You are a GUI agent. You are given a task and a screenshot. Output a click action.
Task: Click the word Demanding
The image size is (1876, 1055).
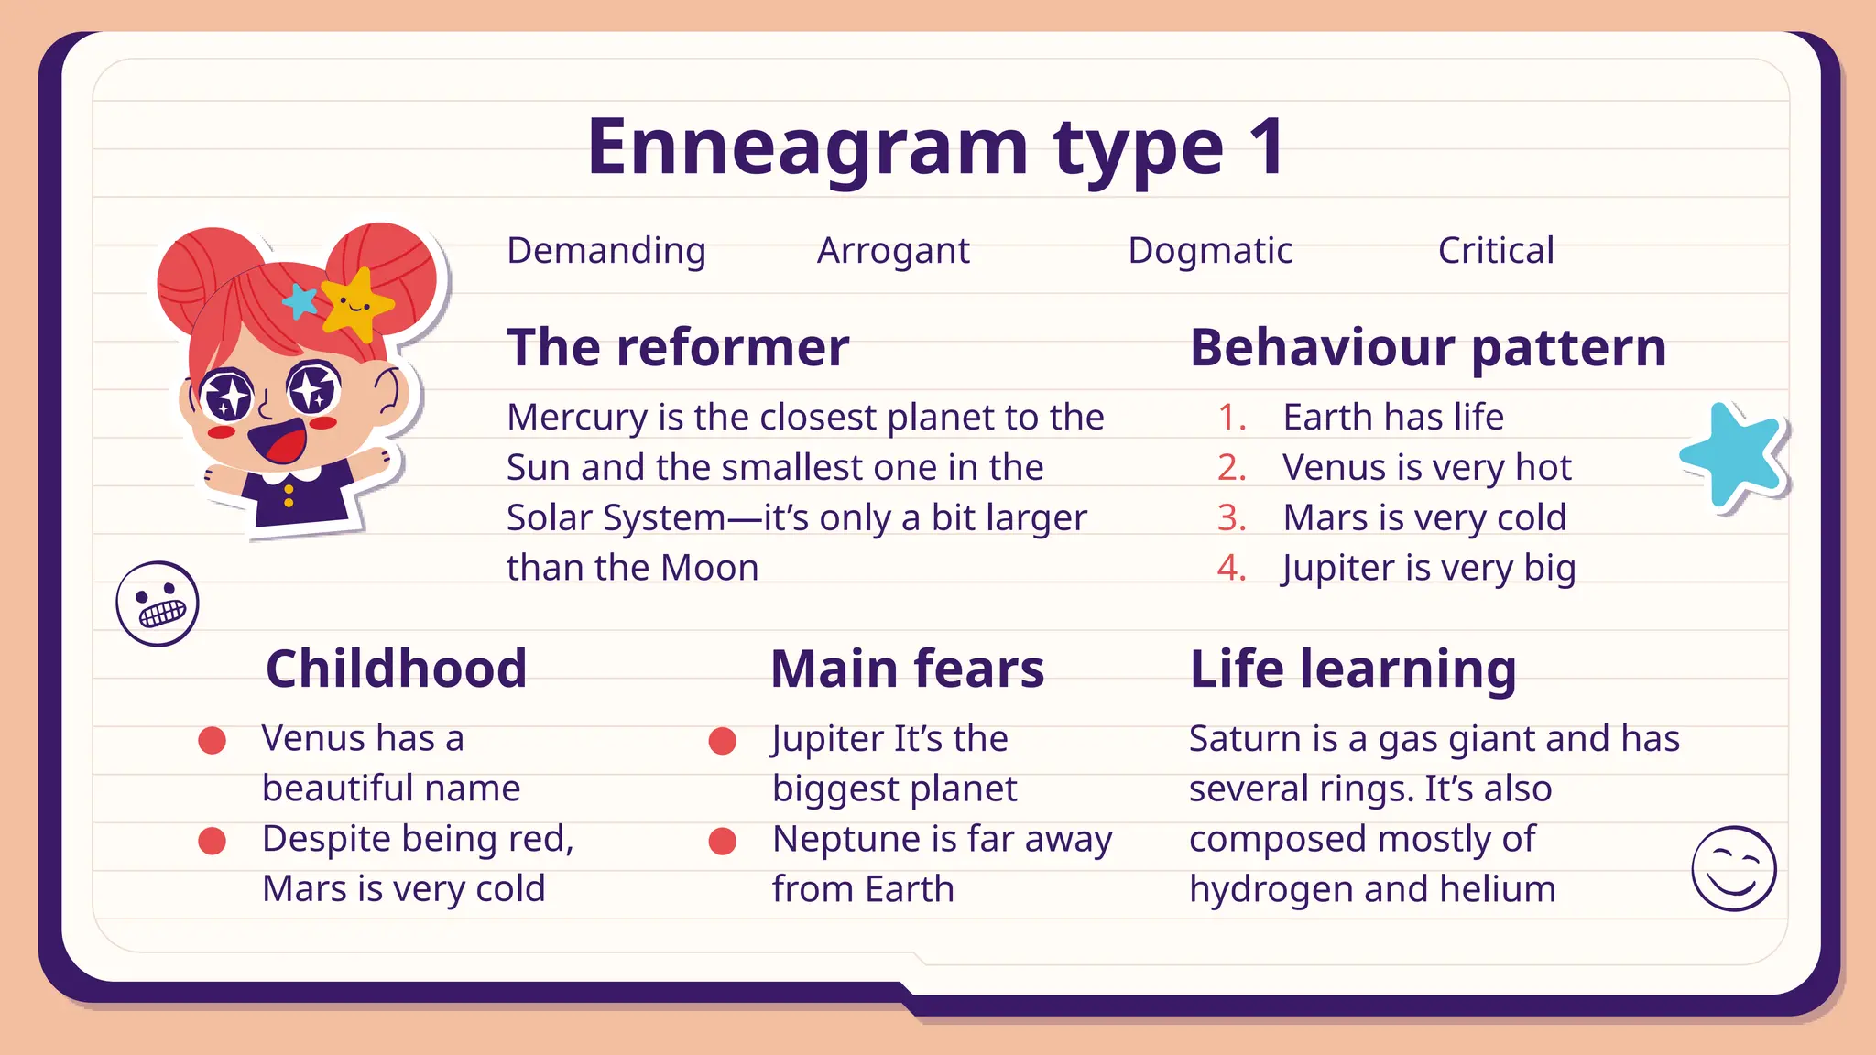[606, 251]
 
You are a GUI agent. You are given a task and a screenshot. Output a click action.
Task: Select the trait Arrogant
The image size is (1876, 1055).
[893, 251]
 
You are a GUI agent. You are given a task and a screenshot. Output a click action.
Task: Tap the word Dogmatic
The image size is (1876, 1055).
[1210, 251]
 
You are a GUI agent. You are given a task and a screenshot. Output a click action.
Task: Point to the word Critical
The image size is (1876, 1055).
[1496, 251]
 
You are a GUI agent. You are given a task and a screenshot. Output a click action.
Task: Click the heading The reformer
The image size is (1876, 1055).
[678, 348]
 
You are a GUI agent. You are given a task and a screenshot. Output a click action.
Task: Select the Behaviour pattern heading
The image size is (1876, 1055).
[1428, 348]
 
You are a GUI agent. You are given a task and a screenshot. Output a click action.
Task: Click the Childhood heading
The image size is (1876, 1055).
[396, 669]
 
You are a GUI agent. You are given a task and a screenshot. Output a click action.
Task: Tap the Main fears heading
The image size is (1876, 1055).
[907, 669]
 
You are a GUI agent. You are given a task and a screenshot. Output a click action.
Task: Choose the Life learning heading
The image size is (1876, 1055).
[1353, 669]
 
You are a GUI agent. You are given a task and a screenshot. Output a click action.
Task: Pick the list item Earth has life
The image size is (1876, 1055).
[1393, 418]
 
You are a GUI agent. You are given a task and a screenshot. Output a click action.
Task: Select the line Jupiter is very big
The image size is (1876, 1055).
[1429, 569]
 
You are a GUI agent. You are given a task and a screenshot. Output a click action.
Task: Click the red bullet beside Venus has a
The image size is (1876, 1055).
[213, 740]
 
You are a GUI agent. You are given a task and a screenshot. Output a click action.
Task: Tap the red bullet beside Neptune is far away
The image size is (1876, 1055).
[723, 841]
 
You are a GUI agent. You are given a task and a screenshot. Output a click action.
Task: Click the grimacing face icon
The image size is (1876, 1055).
[158, 604]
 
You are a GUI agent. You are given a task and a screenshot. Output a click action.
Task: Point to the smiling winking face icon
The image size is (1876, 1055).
[1733, 868]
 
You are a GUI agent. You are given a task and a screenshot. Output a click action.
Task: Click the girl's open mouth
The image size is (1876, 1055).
[278, 441]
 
